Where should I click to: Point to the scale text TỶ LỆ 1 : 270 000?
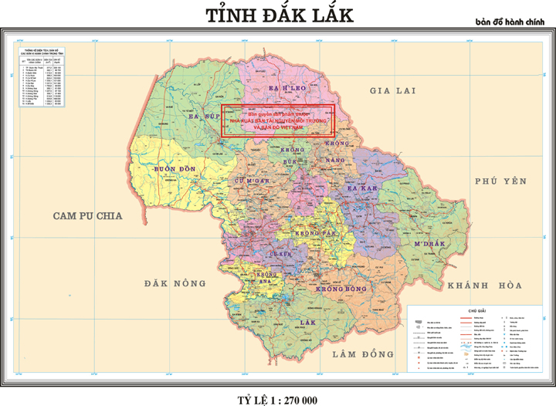point(277,399)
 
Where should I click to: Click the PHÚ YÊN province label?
point(500,181)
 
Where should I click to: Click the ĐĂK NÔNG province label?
point(173,284)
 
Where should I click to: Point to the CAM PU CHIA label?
point(88,217)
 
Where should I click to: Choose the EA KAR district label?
point(361,188)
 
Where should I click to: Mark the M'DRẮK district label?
point(427,245)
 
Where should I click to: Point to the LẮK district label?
point(309,321)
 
